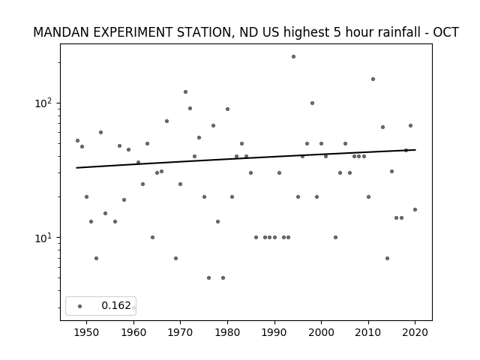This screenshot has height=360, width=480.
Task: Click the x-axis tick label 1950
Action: coord(87,332)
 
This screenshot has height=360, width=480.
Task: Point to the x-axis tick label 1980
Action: coord(227,332)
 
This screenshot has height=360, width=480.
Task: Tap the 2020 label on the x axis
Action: coord(415,332)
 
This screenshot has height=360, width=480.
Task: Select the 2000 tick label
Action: coord(321,332)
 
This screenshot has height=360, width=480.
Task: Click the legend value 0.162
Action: coord(116,305)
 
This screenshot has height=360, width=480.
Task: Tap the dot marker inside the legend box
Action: coord(80,306)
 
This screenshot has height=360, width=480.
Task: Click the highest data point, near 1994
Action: coord(293,57)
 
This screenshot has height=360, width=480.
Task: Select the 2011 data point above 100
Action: coord(373,79)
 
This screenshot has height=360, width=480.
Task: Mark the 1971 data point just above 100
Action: coord(185,91)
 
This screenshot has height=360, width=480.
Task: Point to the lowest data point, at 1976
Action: coord(208,278)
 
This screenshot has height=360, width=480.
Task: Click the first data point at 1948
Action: coord(77,140)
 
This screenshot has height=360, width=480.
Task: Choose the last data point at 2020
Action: coord(415,210)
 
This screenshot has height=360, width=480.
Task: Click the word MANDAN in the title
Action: coord(54,32)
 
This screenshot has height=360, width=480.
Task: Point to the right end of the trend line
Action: coord(415,150)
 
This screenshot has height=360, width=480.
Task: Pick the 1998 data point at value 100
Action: coord(312,103)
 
